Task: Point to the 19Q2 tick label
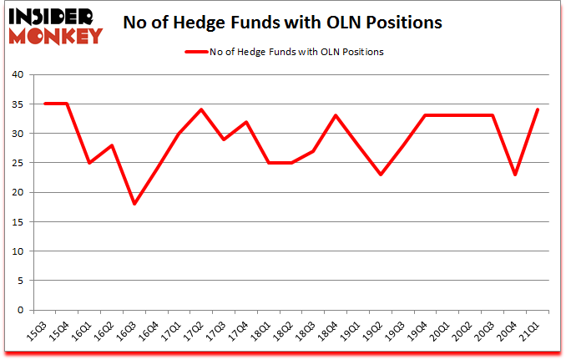376,332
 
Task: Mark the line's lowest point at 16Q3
134,204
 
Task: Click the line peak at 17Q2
202,109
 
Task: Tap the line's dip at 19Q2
381,175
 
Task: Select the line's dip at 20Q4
516,175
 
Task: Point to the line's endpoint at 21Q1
538,109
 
